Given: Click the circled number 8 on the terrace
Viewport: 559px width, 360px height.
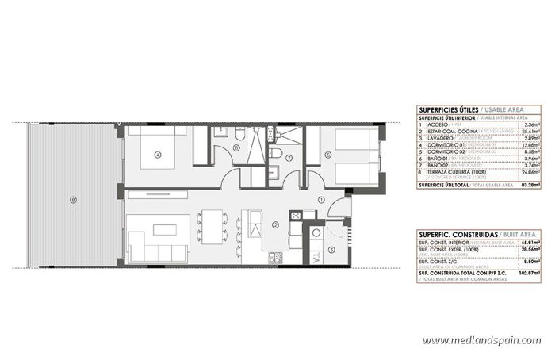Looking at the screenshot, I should click(72, 199).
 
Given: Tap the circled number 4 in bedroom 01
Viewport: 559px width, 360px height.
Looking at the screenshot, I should click(157, 155).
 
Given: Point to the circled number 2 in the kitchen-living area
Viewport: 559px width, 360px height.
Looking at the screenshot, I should click(274, 224).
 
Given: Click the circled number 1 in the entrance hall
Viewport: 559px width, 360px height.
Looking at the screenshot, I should click(321, 201).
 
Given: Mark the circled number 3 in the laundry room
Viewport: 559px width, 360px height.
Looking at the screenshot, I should click(332, 248).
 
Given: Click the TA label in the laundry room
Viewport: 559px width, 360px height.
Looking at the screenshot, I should click(316, 257).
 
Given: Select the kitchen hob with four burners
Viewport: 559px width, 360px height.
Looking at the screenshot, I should click(276, 257).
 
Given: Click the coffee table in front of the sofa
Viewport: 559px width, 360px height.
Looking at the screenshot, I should click(164, 230).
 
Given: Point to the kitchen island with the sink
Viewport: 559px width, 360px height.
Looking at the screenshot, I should click(256, 224).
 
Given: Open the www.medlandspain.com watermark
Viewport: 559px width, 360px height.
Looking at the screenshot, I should click(481, 340).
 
